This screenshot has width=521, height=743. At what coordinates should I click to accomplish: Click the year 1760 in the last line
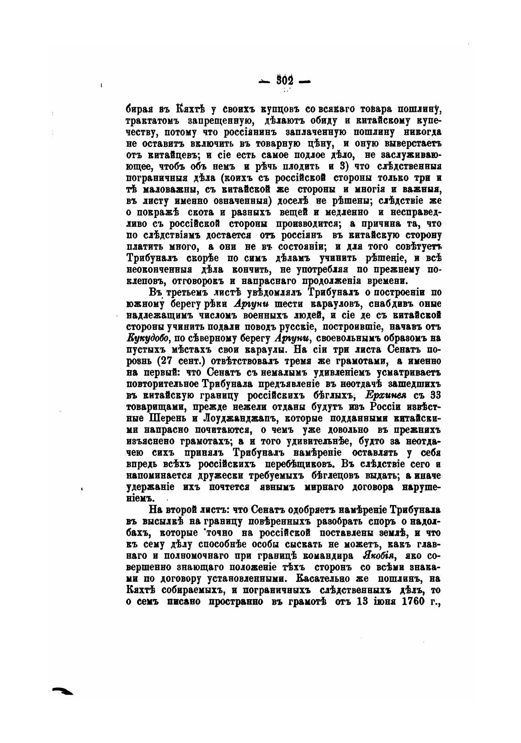(413, 601)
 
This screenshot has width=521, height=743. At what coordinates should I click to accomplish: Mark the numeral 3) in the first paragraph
(346, 167)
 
